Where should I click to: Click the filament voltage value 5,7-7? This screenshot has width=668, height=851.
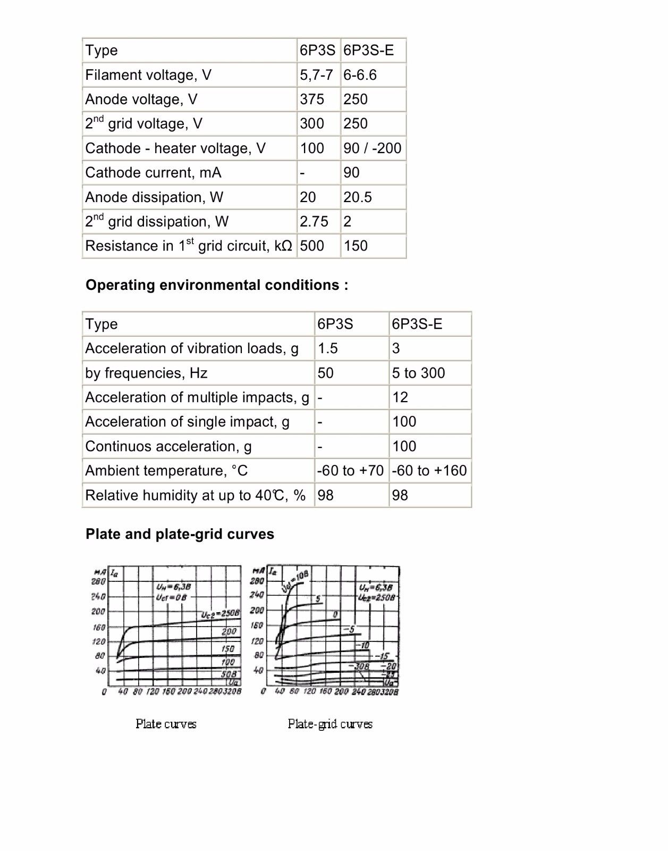point(316,75)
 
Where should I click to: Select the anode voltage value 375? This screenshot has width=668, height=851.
point(312,99)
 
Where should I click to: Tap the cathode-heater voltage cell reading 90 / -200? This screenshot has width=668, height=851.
point(372,148)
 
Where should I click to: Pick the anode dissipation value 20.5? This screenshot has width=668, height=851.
point(357,197)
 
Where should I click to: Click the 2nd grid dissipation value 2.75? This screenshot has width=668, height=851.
point(314,222)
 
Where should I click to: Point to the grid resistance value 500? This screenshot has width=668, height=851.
point(312,246)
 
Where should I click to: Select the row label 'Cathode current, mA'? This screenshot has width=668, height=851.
point(153,173)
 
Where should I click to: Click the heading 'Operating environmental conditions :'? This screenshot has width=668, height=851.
point(217,285)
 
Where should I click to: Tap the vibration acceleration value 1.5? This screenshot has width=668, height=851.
point(327,348)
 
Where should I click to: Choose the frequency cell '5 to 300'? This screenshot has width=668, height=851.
point(418,373)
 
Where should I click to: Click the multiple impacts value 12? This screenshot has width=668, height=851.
point(400,397)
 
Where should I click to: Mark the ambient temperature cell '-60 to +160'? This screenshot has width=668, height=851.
point(429,471)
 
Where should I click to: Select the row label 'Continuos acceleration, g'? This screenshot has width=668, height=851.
point(168,446)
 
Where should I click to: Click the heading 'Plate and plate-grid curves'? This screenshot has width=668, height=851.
point(180,534)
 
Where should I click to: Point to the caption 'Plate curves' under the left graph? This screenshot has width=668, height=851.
point(166,724)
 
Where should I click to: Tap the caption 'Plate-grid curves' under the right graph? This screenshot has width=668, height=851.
point(330,724)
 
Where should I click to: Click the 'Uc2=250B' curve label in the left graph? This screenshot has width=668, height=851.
point(220,614)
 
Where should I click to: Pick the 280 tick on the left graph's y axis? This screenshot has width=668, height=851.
point(99,581)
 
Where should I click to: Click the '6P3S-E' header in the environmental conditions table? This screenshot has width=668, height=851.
point(417,324)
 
